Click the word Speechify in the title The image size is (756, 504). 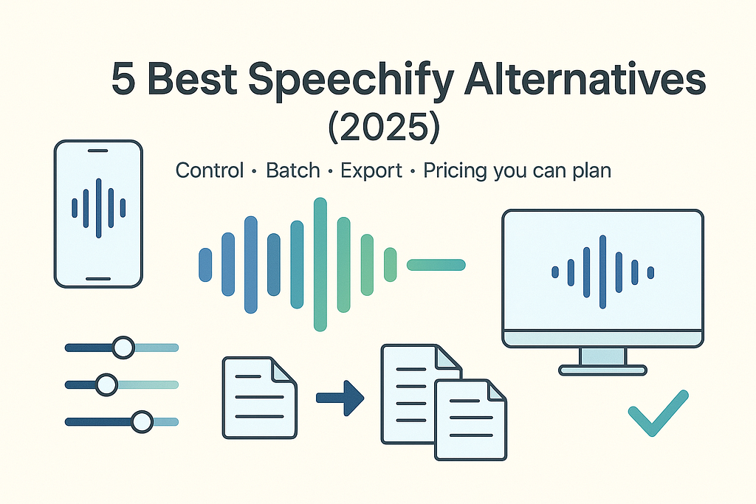pos(351,80)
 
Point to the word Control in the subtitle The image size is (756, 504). pos(210,170)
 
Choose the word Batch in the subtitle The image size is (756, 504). pos(293,170)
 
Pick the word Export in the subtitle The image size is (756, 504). pos(371,171)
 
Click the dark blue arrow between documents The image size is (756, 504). pos(340,398)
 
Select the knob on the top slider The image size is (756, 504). pos(123,348)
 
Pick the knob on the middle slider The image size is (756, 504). pos(106,384)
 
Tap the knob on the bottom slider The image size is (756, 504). pos(142,421)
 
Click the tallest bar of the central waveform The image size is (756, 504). pos(320,264)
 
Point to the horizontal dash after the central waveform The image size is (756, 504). pos(436,264)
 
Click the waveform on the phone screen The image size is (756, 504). pos(98,208)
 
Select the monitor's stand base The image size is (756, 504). pos(602,370)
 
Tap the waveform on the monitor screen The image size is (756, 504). pos(602,272)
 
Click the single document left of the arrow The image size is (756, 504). pos(259,398)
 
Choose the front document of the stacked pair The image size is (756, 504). pos(470,420)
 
